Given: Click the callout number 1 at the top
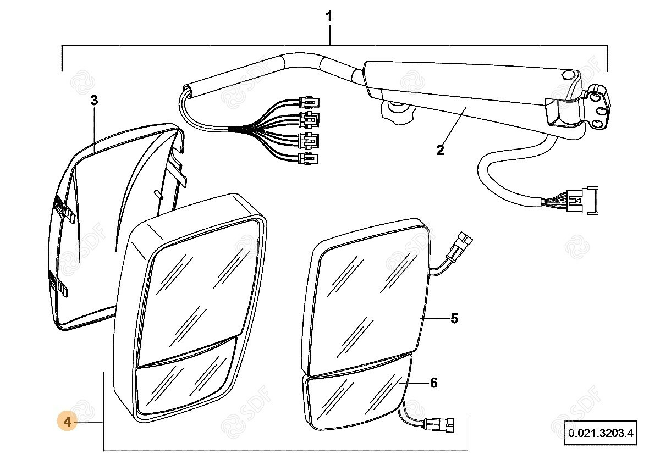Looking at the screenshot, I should (329, 16).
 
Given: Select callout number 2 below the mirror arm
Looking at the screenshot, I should (440, 150).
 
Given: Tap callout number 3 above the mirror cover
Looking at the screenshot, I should (94, 101).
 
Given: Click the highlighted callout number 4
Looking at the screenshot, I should (68, 422).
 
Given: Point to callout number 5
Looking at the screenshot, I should (454, 318).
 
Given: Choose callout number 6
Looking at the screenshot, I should (433, 383).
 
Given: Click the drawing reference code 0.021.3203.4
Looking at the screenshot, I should (601, 433).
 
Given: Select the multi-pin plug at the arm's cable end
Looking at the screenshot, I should (582, 202).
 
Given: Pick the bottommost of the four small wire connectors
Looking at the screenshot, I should (309, 160).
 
